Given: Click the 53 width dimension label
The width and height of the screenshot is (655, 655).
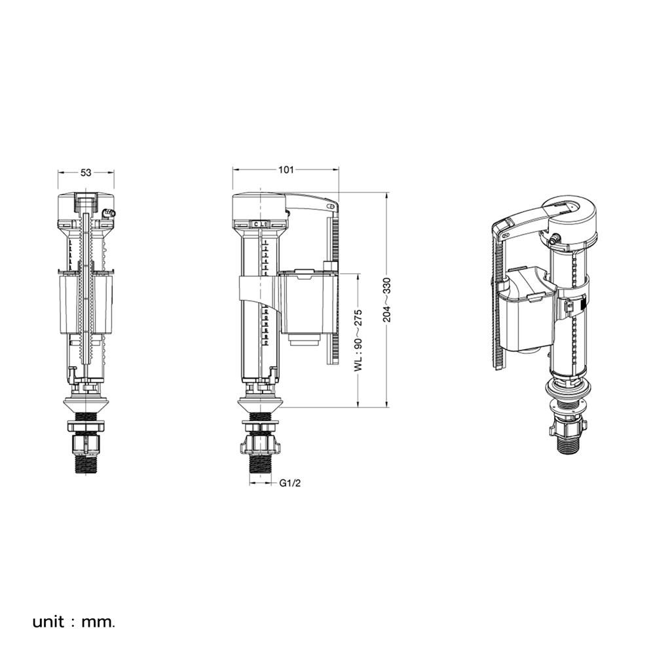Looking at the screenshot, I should (86, 173).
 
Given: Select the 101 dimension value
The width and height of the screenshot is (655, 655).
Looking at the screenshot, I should (286, 170).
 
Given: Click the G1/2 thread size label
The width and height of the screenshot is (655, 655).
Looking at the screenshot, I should (290, 483).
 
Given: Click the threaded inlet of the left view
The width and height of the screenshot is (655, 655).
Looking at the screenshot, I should (86, 464).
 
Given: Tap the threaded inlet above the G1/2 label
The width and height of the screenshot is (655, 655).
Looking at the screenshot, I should (261, 464).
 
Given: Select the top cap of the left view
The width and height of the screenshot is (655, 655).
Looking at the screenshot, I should (86, 202).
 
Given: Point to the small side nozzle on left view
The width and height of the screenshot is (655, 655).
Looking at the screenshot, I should (109, 213).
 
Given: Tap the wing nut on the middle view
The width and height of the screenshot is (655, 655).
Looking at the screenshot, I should (261, 445).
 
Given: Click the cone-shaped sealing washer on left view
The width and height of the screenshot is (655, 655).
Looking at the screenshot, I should (86, 403).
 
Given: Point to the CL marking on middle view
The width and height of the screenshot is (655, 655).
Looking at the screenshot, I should (260, 224).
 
